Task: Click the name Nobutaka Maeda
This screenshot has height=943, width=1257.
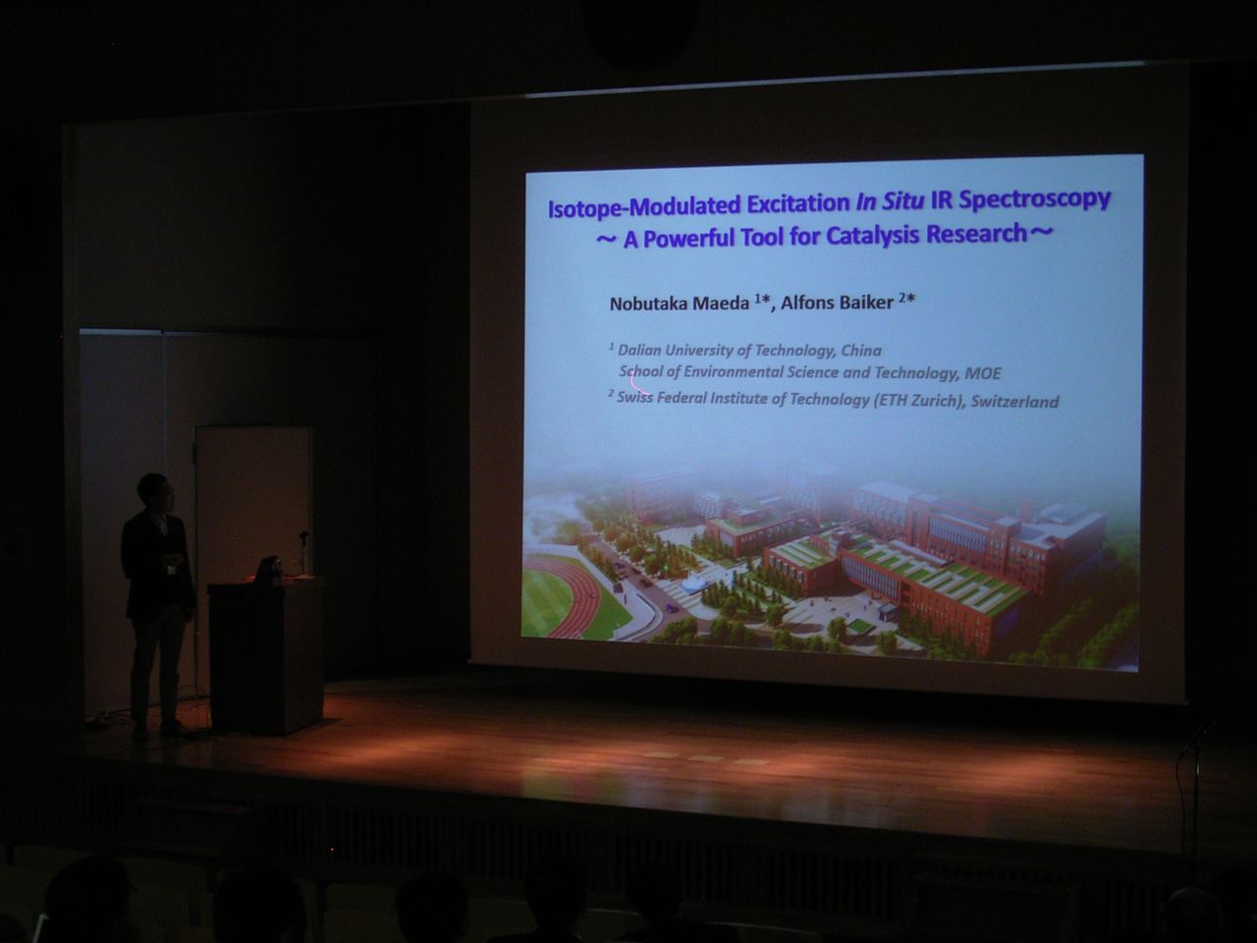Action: (680, 304)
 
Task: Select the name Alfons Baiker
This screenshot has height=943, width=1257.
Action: (838, 303)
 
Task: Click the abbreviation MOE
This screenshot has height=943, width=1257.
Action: (983, 374)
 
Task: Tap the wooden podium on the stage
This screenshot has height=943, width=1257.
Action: (266, 655)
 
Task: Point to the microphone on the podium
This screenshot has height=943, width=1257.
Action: (303, 551)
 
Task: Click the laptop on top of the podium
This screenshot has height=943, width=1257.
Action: (268, 571)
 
